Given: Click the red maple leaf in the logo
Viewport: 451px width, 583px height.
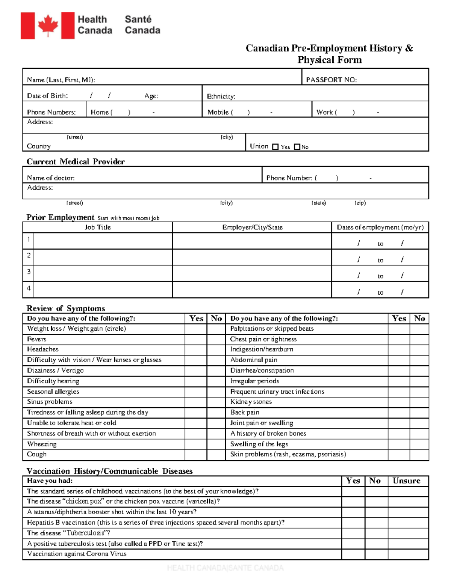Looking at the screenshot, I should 48,26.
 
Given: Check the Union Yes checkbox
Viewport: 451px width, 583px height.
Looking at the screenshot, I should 275,147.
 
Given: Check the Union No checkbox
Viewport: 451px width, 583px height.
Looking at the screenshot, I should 297,147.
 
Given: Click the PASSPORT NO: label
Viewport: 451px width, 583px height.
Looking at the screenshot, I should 331,80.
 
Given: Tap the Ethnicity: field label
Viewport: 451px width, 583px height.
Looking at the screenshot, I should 221,96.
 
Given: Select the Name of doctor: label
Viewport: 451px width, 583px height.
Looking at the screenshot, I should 51,178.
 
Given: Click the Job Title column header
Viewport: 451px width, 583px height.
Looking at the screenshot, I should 98,227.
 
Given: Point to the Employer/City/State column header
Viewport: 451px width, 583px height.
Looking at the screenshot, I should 252,227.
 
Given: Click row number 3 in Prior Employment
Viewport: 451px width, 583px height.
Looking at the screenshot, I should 29,271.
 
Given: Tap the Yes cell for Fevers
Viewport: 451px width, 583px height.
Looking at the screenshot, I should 196,339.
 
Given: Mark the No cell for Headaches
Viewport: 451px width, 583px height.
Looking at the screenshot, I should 216,349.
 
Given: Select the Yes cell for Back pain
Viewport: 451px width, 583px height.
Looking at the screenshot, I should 399,413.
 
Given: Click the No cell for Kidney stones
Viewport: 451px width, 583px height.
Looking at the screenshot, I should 419,402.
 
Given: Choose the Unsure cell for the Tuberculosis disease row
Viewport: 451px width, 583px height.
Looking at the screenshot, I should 408,533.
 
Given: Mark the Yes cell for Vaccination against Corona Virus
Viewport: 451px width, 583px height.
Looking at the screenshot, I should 353,554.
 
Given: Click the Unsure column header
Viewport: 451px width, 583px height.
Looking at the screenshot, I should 406,481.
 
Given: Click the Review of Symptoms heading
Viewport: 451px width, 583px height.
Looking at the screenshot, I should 66,309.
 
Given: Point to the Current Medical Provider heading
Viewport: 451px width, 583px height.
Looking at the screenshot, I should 76,162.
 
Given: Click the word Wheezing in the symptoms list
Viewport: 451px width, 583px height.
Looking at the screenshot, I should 42,444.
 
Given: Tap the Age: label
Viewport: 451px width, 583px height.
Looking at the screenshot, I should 151,96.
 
